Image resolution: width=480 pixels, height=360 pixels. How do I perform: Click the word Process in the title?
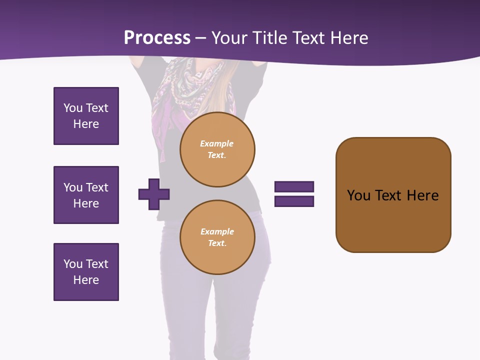(157, 38)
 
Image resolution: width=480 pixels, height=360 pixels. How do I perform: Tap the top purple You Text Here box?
(86, 116)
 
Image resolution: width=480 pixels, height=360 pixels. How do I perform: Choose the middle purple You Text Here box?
(86, 195)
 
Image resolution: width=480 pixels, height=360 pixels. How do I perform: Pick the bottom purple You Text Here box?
(86, 272)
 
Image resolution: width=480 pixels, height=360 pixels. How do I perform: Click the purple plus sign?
(154, 194)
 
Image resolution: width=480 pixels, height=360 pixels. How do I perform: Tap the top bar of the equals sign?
(294, 187)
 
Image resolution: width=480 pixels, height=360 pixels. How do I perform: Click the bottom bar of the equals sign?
(294, 201)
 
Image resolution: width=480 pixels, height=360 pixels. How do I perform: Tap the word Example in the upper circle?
(217, 143)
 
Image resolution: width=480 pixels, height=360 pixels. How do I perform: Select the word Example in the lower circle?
(217, 231)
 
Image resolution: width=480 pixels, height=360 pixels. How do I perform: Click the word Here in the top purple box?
(86, 124)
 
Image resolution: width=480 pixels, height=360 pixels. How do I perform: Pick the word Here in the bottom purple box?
(86, 280)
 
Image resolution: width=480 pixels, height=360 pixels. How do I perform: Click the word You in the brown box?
(358, 195)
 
